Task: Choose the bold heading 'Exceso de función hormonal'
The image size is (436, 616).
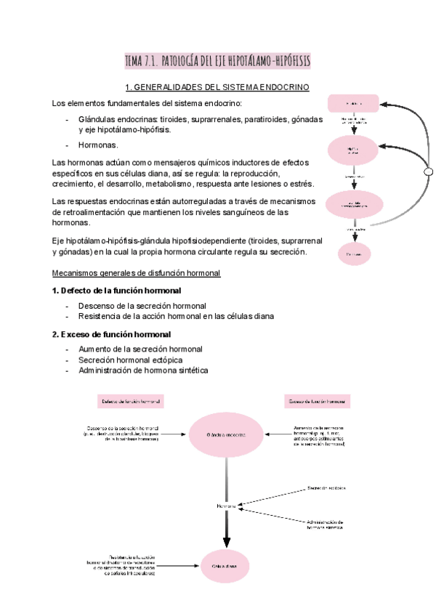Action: click(x=111, y=334)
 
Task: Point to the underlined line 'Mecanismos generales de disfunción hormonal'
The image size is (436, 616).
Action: click(x=137, y=272)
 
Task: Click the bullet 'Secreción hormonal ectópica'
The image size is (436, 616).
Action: click(x=130, y=360)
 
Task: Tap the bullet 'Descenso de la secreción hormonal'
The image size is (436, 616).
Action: click(x=142, y=305)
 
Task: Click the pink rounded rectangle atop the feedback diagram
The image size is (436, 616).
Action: click(x=354, y=103)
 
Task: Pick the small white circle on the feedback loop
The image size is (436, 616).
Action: click(x=429, y=171)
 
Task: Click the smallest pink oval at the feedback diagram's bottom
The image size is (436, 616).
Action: click(x=354, y=254)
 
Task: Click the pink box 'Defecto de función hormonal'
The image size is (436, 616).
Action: click(x=131, y=401)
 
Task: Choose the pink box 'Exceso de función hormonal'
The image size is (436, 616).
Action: click(x=317, y=401)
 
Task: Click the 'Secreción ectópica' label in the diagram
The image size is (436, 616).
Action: click(x=326, y=487)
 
